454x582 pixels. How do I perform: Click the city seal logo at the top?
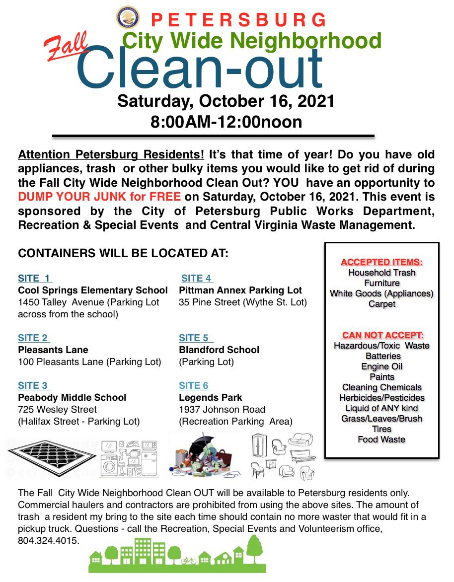point(128,17)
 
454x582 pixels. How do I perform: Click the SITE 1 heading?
point(34,279)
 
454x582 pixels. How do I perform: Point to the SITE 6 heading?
point(193,386)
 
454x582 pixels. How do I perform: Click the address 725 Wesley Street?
point(57,410)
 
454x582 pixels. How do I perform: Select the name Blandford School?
point(219,350)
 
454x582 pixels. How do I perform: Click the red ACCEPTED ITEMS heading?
point(381,262)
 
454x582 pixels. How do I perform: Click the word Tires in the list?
point(381,429)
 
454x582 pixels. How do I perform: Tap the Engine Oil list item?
point(381,366)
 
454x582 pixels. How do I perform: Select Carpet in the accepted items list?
point(381,304)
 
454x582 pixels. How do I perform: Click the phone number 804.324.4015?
point(48,540)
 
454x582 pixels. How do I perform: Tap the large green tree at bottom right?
point(254,549)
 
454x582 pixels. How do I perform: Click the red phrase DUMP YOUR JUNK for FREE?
point(99,196)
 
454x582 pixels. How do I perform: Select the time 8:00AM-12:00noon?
point(226,122)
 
